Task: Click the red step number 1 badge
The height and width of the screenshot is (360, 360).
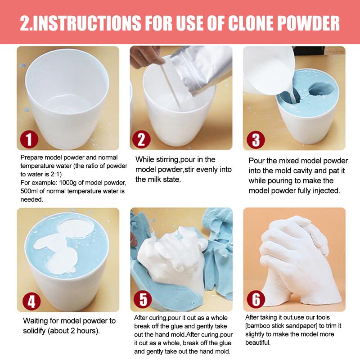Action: click(29, 139)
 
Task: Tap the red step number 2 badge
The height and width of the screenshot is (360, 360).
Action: click(142, 139)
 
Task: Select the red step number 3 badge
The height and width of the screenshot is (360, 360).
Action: click(256, 139)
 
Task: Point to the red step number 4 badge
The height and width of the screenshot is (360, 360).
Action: click(31, 301)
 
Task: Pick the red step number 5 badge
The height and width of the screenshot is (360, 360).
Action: click(143, 299)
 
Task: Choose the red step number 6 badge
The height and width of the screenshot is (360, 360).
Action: click(256, 299)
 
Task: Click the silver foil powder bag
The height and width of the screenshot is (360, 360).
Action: click(200, 69)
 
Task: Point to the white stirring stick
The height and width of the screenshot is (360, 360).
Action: click(170, 86)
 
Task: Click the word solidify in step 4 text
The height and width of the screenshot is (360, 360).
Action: click(34, 331)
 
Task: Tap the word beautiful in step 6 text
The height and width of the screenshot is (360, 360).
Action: click(258, 342)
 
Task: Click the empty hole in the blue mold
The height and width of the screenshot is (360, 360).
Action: click(321, 89)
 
